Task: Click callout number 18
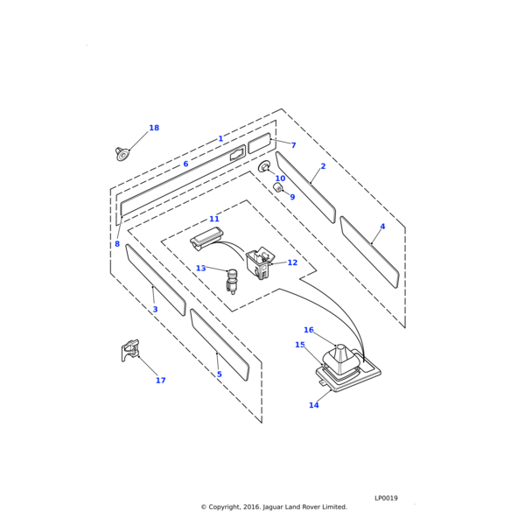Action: pyautogui.click(x=154, y=129)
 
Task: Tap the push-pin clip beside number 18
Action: pyautogui.click(x=122, y=154)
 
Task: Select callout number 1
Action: pyautogui.click(x=220, y=139)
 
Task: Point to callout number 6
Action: pyautogui.click(x=185, y=164)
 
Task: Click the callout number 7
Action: pyautogui.click(x=293, y=145)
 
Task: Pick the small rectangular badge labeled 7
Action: pyautogui.click(x=260, y=143)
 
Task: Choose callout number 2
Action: pyautogui.click(x=323, y=166)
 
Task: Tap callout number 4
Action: pyautogui.click(x=382, y=227)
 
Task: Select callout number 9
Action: pyautogui.click(x=292, y=197)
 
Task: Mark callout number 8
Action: pyautogui.click(x=117, y=244)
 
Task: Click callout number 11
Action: pyautogui.click(x=214, y=219)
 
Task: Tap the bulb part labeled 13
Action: pyautogui.click(x=233, y=281)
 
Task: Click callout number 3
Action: pyautogui.click(x=155, y=310)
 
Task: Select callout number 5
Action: pyautogui.click(x=220, y=374)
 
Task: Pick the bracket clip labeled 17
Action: pyautogui.click(x=130, y=350)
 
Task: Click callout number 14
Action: pyautogui.click(x=313, y=405)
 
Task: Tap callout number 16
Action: pyautogui.click(x=309, y=330)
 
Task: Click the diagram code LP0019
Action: pyautogui.click(x=386, y=498)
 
